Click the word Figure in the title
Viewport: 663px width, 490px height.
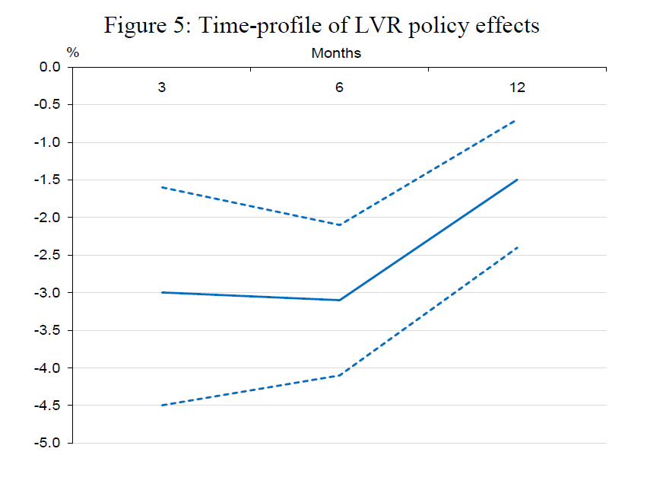point(135,26)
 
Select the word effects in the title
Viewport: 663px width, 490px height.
point(507,25)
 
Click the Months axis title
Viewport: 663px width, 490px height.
point(336,53)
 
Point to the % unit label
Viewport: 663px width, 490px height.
point(73,52)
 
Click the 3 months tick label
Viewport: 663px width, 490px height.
point(161,87)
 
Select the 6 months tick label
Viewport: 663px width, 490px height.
point(339,87)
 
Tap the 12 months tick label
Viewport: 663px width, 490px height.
point(517,87)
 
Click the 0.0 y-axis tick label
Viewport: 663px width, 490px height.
point(50,67)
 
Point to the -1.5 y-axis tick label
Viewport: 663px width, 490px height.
point(47,180)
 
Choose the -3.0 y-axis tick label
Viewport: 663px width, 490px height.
point(47,293)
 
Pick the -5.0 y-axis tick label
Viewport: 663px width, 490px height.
point(47,443)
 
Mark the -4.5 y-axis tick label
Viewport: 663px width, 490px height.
point(47,406)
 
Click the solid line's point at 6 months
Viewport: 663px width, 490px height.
point(340,300)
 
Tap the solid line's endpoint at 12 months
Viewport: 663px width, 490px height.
point(517,180)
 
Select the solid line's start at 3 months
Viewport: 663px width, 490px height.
point(162,292)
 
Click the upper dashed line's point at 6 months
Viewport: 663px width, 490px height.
point(340,224)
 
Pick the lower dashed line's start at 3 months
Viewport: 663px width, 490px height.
point(162,406)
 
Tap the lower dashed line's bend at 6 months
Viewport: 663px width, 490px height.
point(340,375)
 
